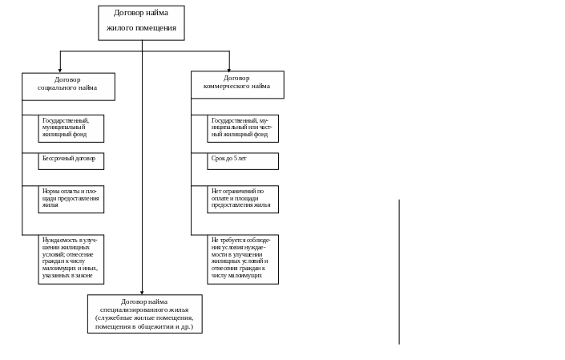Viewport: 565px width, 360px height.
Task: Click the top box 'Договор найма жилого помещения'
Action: point(141,22)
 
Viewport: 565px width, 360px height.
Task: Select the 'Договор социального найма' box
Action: point(68,87)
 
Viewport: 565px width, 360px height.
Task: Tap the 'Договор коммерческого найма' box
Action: point(237,84)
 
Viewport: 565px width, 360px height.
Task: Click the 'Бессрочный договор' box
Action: point(71,160)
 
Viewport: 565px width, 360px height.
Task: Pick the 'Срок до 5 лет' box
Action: point(243,160)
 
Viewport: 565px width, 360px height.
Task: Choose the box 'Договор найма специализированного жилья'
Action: point(144,313)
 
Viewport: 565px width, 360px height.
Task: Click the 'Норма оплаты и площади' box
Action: point(71,200)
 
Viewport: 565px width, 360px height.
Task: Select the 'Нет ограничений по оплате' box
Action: point(243,200)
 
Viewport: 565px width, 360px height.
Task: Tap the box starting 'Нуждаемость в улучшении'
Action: point(71,259)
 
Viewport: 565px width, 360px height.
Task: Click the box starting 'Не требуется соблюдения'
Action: point(243,259)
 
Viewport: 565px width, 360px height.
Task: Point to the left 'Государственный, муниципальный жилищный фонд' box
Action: point(71,127)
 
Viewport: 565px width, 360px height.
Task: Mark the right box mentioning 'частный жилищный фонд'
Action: point(243,127)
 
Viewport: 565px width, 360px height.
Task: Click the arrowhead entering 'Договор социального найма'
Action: point(59,71)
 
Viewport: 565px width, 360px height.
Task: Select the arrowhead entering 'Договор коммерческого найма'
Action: point(229,69)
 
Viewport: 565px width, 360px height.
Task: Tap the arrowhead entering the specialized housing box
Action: point(143,293)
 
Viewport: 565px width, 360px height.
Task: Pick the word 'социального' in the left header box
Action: point(58,87)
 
